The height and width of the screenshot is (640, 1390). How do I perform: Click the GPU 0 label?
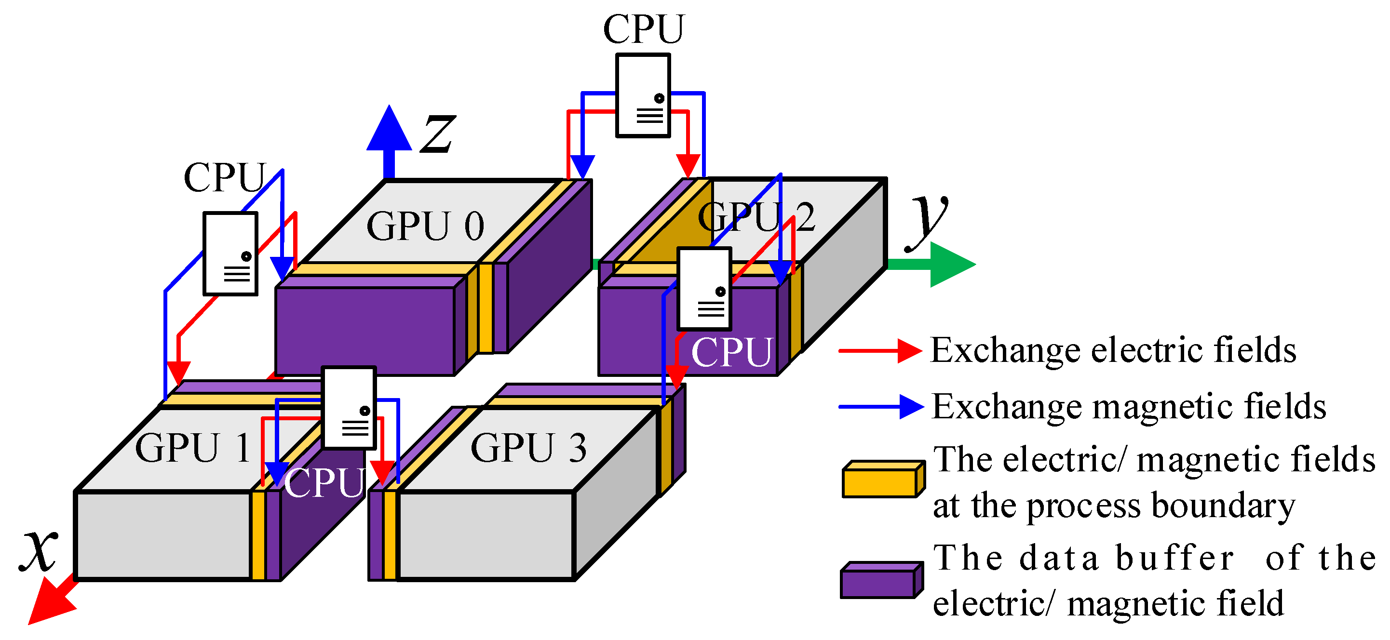coord(425,226)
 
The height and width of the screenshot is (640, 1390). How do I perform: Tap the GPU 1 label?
coord(193,448)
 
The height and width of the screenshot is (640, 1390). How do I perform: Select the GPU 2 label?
coord(756,216)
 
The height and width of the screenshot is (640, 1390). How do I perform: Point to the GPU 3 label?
coord(528,448)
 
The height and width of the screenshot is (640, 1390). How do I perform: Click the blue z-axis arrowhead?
coord(389,130)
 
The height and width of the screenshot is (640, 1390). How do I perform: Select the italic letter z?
coord(438,133)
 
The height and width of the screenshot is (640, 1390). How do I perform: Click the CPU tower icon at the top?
coord(643,95)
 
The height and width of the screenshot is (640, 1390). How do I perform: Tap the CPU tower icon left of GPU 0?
coord(230,254)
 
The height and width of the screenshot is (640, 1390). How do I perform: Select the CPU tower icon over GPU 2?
coord(705,289)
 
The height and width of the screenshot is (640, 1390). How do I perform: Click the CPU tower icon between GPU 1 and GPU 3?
coord(349,408)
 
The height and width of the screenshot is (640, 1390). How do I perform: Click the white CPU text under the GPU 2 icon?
coord(732,352)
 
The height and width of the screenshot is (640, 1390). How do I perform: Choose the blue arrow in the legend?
coord(880,407)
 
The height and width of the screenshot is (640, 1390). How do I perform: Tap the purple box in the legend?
coord(881,580)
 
